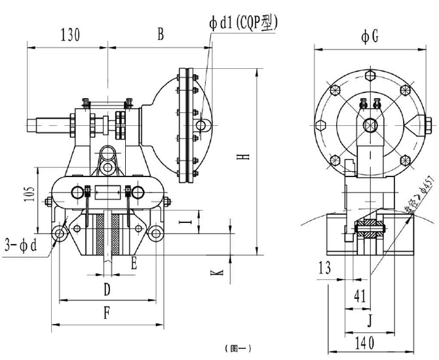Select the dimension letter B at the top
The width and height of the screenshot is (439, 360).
(x=160, y=34)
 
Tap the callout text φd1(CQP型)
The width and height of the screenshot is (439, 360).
(x=244, y=23)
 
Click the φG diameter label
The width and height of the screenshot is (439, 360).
(x=370, y=37)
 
